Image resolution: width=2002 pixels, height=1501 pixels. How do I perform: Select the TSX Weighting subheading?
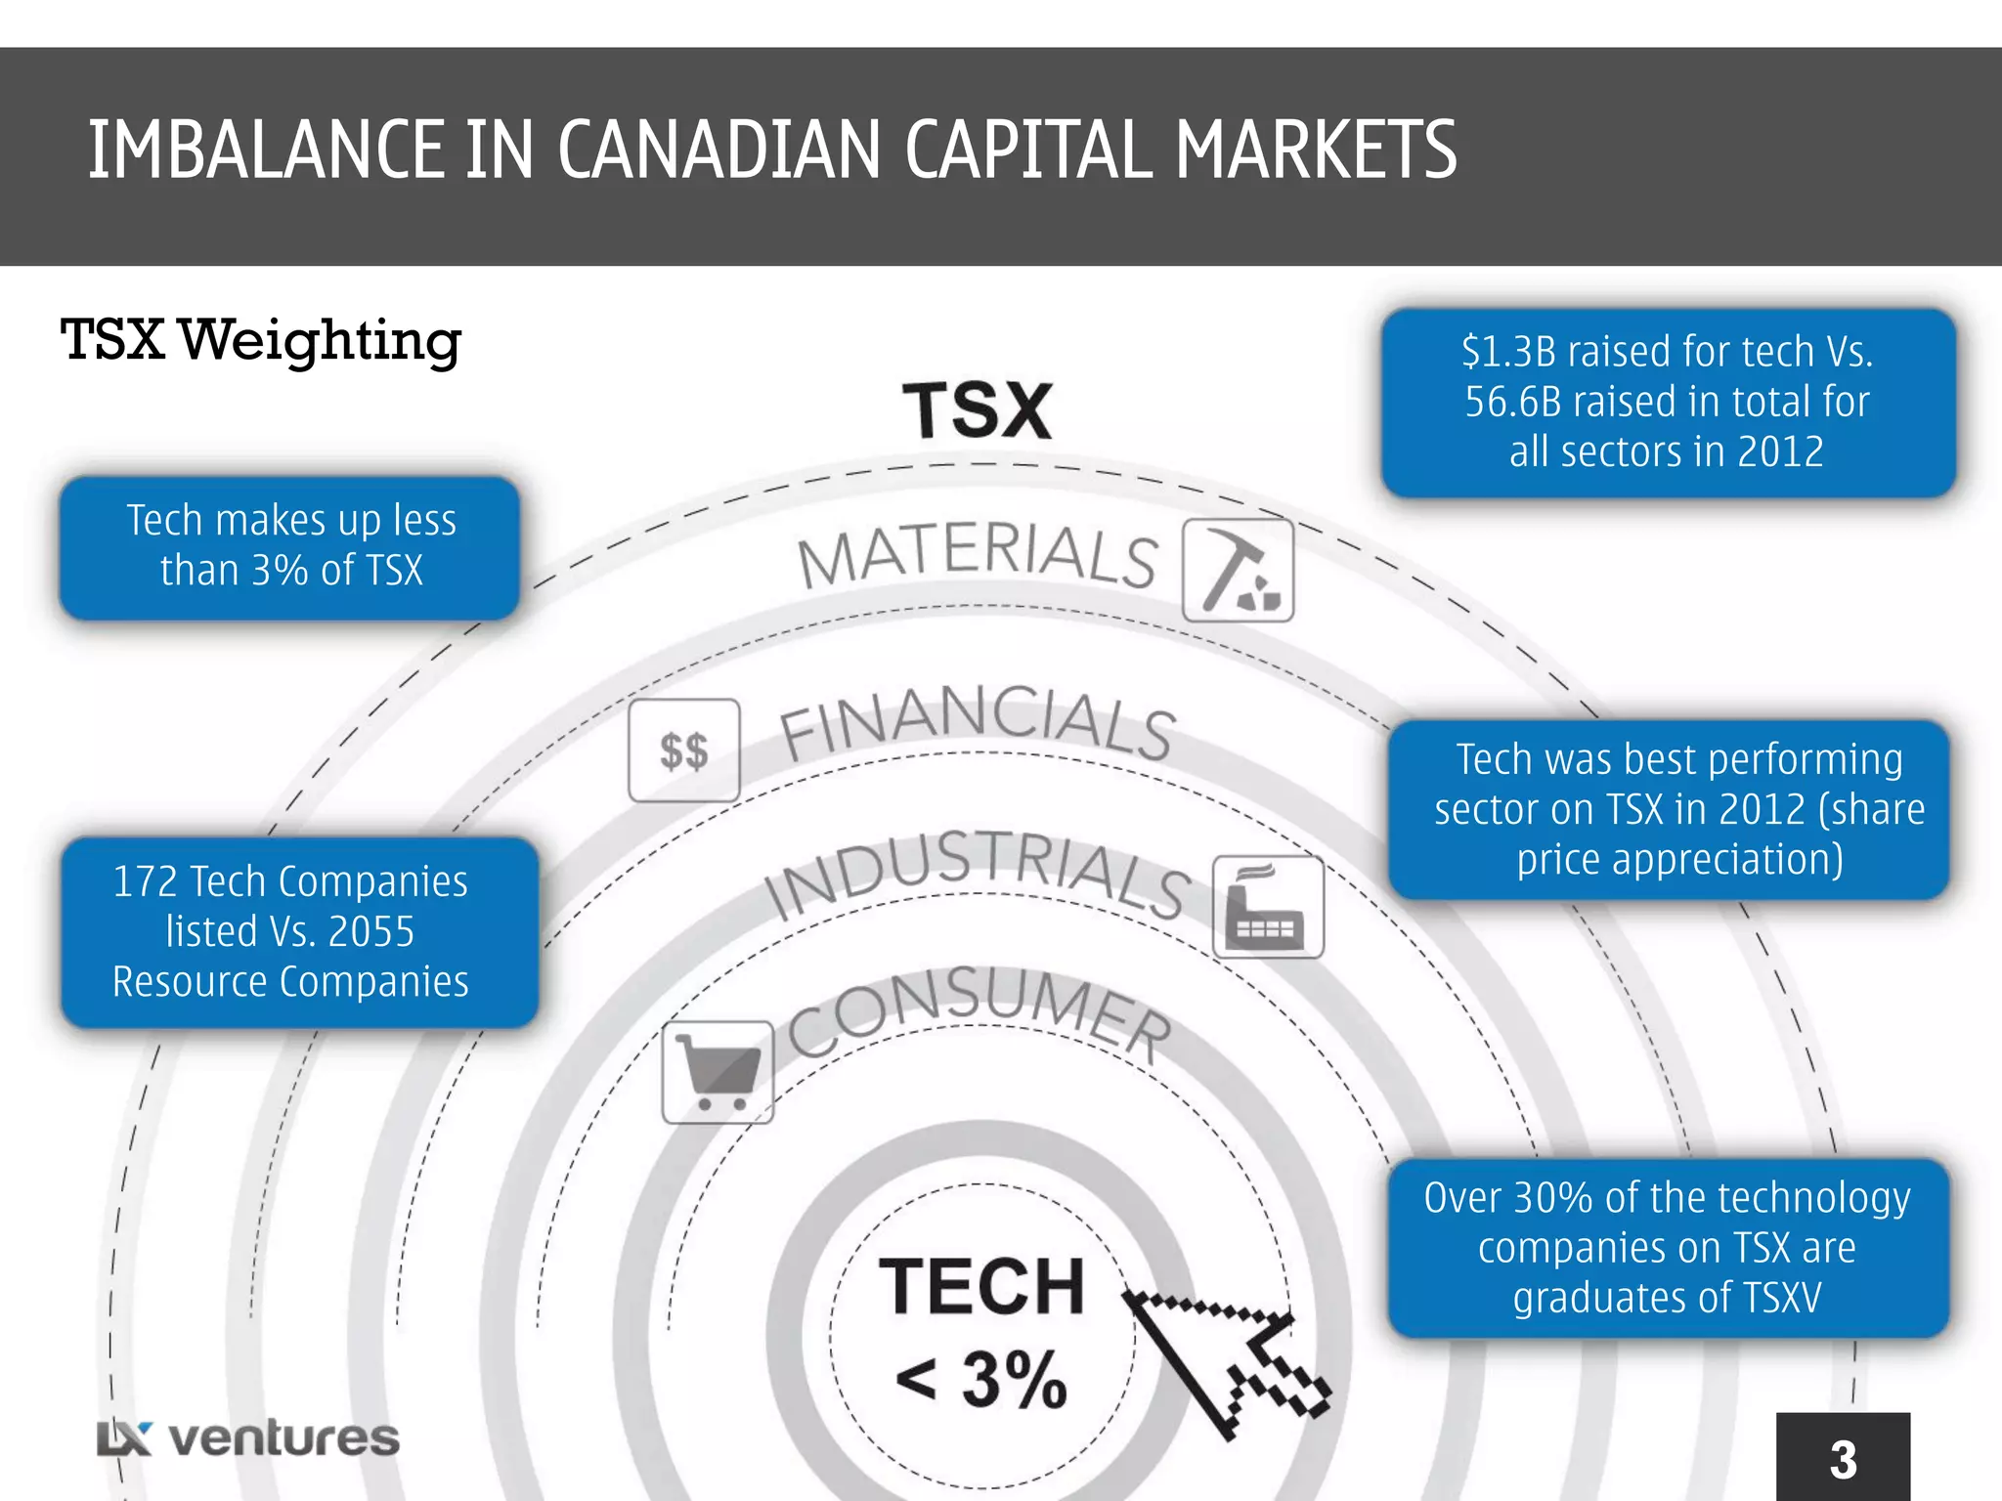pyautogui.click(x=260, y=340)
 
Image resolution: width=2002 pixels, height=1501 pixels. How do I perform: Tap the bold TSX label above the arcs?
pyautogui.click(x=977, y=411)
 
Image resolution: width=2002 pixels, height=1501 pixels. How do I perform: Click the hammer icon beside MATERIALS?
pyautogui.click(x=1238, y=571)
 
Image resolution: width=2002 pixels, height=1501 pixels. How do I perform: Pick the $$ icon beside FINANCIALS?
pyautogui.click(x=683, y=750)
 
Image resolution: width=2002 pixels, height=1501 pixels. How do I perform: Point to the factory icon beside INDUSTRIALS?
pyautogui.click(x=1267, y=908)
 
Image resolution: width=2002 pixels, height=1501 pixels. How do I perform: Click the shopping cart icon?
pyautogui.click(x=718, y=1072)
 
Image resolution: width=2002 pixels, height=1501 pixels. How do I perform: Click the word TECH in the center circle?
pyautogui.click(x=981, y=1287)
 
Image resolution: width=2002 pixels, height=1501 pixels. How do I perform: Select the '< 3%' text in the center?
pyautogui.click(x=980, y=1380)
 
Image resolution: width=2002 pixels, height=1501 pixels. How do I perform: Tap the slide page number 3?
pyautogui.click(x=1843, y=1460)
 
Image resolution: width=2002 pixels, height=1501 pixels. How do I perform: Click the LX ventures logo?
pyautogui.click(x=248, y=1438)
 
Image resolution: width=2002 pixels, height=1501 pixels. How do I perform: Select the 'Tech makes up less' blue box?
pyautogui.click(x=289, y=547)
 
